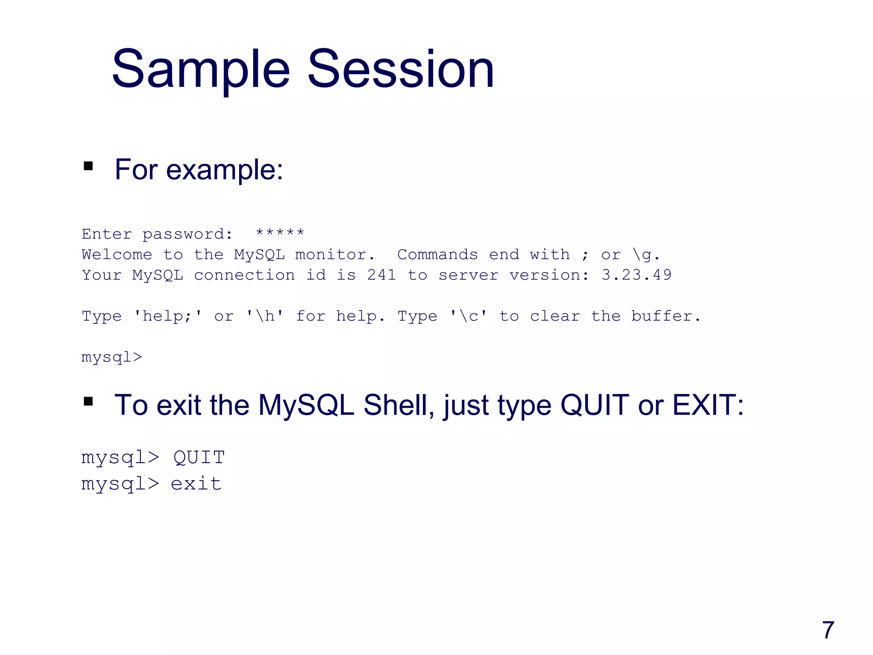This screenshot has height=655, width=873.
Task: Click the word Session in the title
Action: (401, 69)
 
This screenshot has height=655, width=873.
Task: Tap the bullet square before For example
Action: (88, 166)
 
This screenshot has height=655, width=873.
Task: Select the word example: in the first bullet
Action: (225, 170)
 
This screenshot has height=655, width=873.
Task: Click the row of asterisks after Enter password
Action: (280, 233)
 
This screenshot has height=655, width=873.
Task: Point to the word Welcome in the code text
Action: (117, 255)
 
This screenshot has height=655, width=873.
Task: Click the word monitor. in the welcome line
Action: (335, 255)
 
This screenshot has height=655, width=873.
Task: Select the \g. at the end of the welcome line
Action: (646, 255)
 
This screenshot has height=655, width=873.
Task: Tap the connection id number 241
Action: (382, 275)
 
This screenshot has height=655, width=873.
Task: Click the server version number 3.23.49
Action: (636, 275)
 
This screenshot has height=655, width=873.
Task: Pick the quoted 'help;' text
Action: (168, 316)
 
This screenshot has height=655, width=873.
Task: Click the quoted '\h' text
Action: (265, 316)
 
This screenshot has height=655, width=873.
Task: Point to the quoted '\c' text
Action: (468, 316)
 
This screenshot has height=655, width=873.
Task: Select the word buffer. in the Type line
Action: (666, 316)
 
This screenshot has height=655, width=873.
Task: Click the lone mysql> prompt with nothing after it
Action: (112, 357)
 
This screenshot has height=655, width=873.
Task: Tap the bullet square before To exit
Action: (88, 401)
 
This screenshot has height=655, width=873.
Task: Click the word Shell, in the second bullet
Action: (399, 405)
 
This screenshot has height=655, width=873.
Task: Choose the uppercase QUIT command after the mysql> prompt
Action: (199, 458)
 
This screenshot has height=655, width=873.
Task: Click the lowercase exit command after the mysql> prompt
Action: (196, 484)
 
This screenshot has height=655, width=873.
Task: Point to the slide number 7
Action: (828, 630)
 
